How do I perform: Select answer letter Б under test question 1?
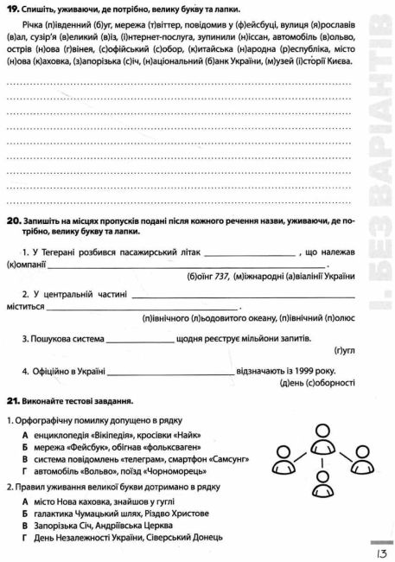26,447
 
